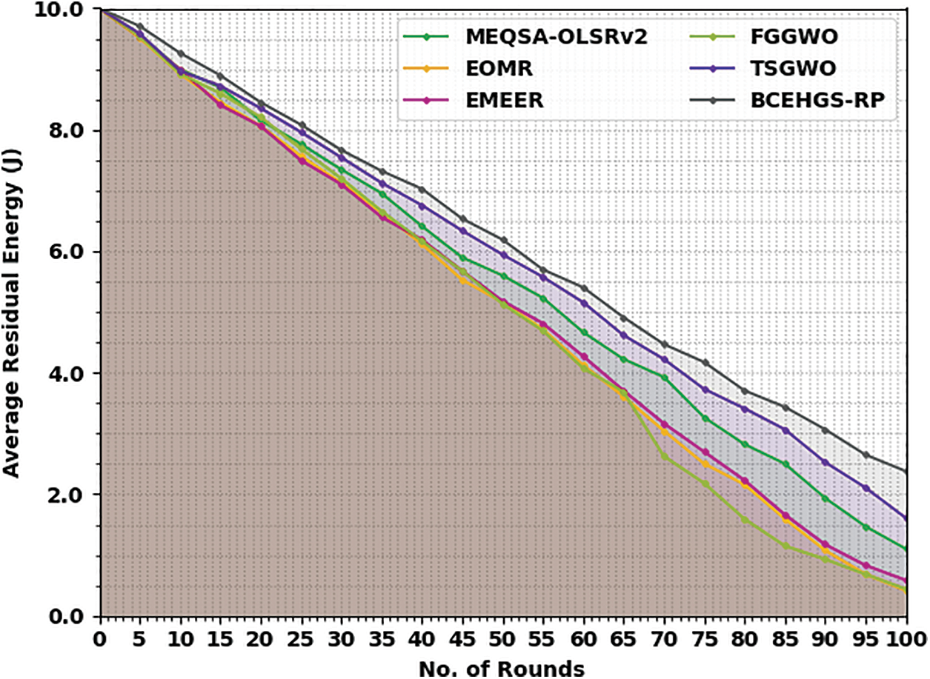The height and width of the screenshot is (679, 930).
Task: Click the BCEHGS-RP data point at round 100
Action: [x=906, y=472]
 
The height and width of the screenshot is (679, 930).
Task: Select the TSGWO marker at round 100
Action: [x=906, y=518]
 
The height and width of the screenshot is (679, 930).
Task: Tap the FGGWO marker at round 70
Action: [x=665, y=456]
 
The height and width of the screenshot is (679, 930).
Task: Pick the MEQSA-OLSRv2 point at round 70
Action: [x=665, y=378]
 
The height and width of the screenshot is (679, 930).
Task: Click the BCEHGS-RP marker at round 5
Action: [x=140, y=27]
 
